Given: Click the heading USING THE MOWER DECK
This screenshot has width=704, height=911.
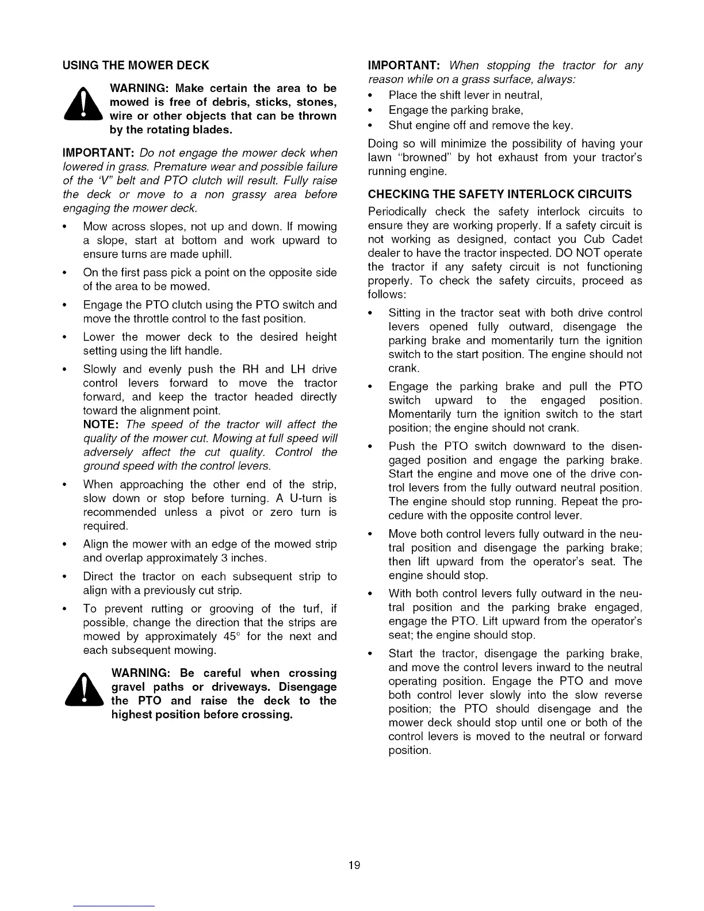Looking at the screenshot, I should (136, 65).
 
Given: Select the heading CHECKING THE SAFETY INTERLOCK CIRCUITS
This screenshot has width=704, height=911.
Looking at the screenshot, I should (499, 194).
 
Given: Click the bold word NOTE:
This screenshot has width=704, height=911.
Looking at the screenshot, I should (101, 424).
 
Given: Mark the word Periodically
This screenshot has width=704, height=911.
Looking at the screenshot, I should (396, 212).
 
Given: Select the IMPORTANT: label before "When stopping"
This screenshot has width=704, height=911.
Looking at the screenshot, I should (404, 65).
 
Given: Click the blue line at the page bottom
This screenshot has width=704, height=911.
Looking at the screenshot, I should (114, 906).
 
